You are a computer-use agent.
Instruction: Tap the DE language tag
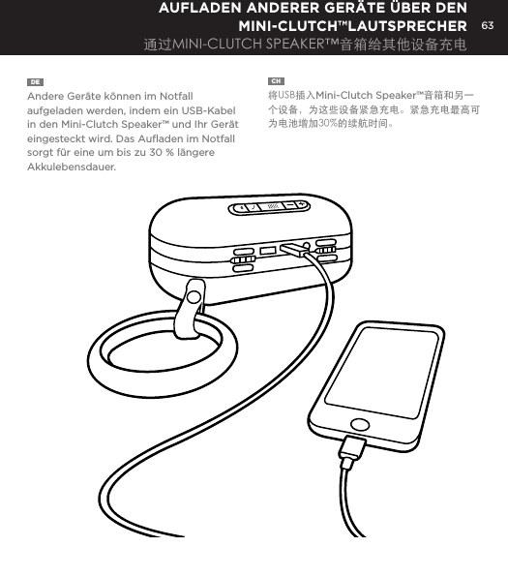click(35, 80)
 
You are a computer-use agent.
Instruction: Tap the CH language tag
click(276, 80)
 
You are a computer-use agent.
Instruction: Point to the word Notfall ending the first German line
click(176, 97)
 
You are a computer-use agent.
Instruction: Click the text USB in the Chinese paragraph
click(288, 97)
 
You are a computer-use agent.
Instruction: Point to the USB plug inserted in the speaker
click(292, 248)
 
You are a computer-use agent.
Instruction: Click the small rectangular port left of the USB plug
click(267, 250)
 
